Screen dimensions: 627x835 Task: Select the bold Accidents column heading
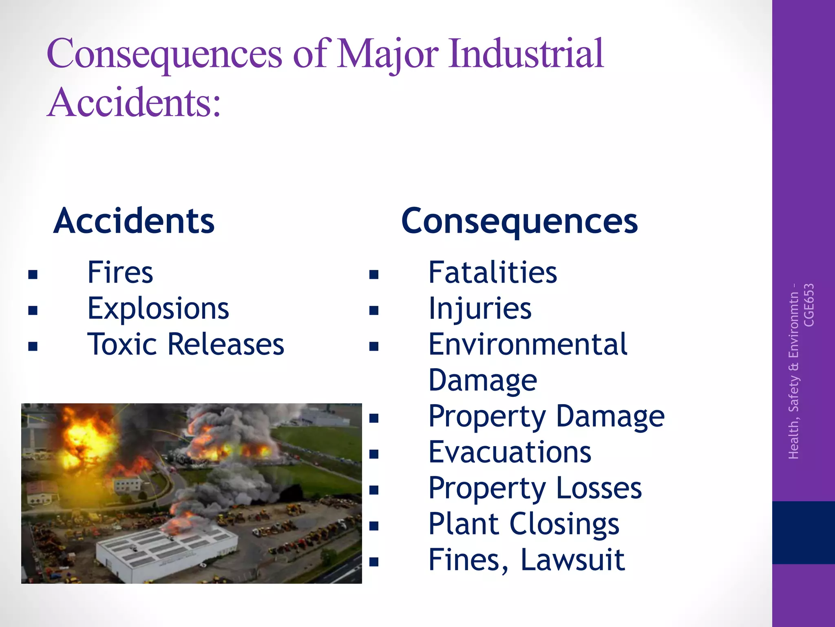(x=134, y=221)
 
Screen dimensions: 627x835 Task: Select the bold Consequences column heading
(x=519, y=222)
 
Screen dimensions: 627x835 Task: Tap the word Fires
(x=120, y=272)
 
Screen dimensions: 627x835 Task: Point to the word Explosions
(x=158, y=309)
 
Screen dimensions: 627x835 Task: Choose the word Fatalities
(x=493, y=272)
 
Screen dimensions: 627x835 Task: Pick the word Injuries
(x=480, y=309)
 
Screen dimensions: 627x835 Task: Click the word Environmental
(x=528, y=344)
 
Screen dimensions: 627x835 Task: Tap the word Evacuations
(x=510, y=452)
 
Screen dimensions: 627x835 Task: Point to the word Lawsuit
(x=572, y=560)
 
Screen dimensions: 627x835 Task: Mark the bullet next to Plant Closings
(x=374, y=526)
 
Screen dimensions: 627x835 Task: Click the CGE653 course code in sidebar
(x=809, y=305)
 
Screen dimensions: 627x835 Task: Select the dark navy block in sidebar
(x=803, y=532)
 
